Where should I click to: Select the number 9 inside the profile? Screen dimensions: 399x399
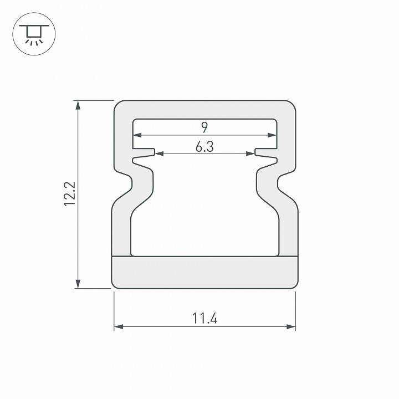(x=204, y=127)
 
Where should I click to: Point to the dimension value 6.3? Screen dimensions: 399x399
(x=204, y=147)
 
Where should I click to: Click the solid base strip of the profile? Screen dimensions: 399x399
(x=204, y=273)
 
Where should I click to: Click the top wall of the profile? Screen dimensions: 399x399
(x=204, y=109)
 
